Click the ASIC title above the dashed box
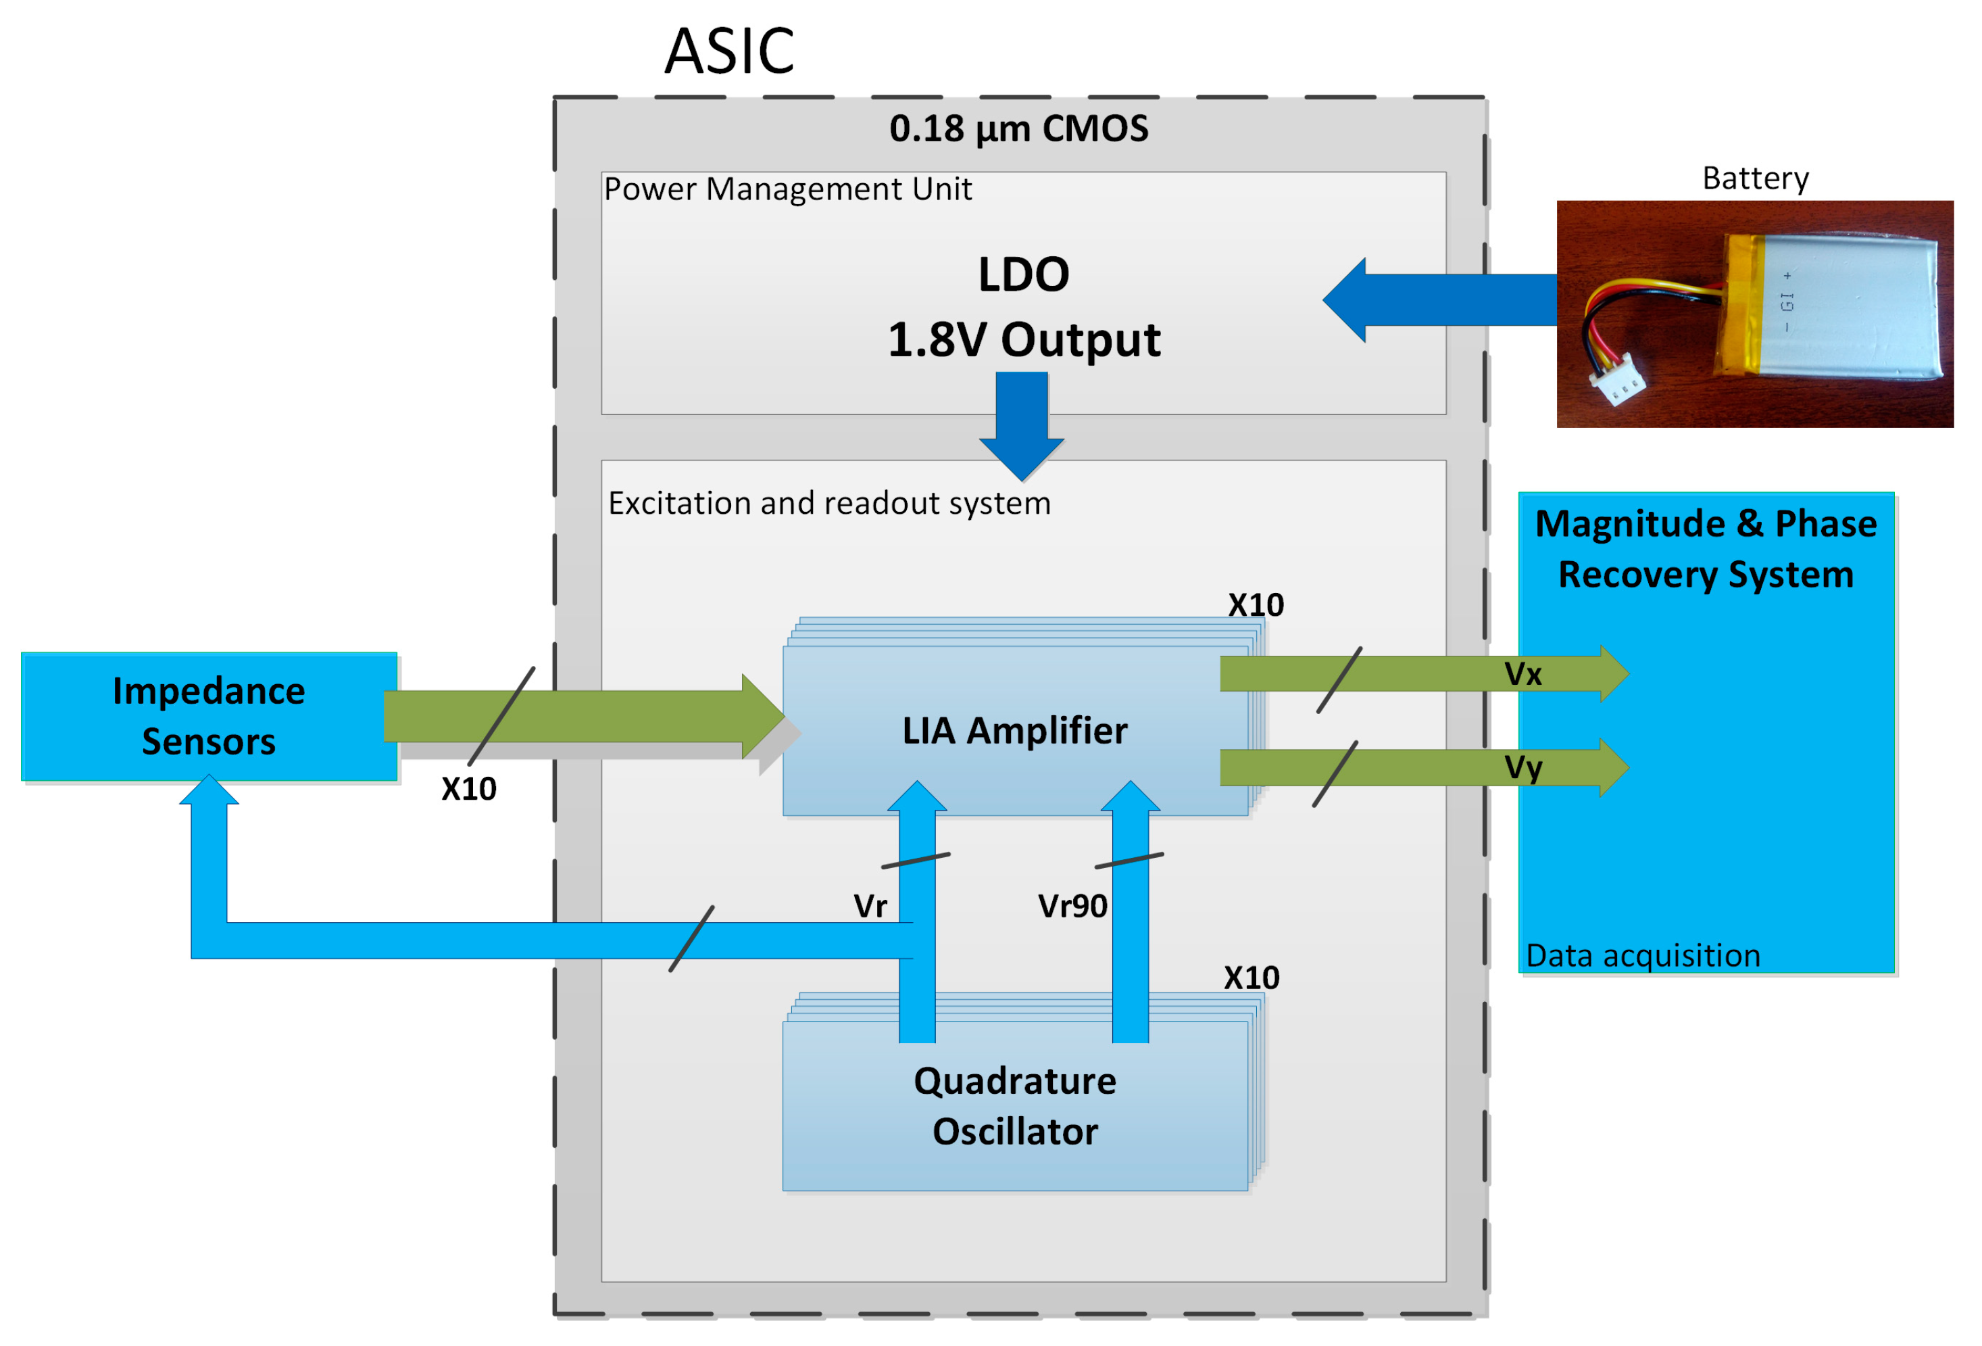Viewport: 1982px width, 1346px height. (x=729, y=51)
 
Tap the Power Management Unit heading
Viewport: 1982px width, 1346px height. (x=788, y=189)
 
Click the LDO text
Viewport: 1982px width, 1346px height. (x=1023, y=274)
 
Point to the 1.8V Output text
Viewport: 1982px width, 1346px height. (x=1024, y=339)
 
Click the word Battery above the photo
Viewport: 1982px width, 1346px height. (x=1755, y=178)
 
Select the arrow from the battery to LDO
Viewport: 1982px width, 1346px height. (x=1439, y=300)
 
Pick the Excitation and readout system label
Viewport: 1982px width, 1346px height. (x=829, y=503)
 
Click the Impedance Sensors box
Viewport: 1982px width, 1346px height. (x=209, y=717)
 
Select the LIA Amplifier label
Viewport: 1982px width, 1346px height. (x=1015, y=731)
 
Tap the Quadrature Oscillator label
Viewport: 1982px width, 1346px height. (x=1015, y=1106)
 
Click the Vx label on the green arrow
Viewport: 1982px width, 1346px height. (x=1522, y=675)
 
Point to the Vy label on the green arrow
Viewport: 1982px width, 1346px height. (x=1522, y=769)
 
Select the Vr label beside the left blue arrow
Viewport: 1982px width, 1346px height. (x=870, y=906)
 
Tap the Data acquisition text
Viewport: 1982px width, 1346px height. (x=1643, y=955)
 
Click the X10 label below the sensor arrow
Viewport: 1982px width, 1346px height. (x=468, y=789)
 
